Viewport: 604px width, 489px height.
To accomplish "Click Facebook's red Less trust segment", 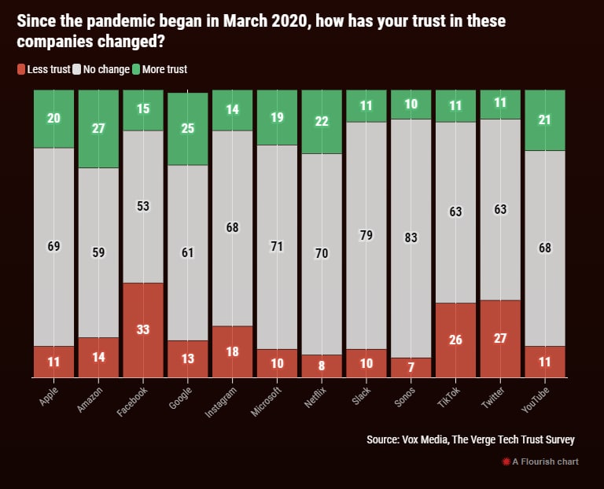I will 143,330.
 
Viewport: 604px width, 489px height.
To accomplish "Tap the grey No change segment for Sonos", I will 411,239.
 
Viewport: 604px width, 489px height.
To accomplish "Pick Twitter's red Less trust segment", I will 500,339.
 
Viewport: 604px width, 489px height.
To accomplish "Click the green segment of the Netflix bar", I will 322,122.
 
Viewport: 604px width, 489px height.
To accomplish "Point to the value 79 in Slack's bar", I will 366,235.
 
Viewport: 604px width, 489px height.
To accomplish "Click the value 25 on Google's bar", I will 188,128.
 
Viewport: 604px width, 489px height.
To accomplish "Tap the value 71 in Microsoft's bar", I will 278,247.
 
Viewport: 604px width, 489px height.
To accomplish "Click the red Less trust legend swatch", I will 21,69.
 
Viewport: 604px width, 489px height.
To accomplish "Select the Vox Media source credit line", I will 470,439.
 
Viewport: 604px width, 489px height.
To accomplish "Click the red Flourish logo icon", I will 506,461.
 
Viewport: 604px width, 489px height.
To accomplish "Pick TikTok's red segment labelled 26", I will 456,340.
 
